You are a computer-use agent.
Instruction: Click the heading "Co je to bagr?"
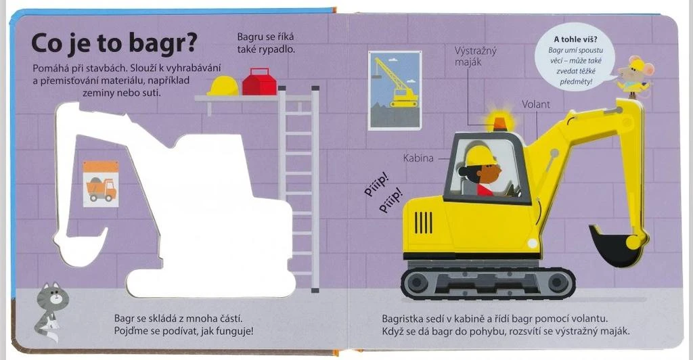[114, 45]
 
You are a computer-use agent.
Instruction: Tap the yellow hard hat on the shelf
[223, 85]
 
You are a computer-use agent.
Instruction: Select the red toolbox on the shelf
[259, 82]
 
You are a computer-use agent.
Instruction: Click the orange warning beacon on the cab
[500, 122]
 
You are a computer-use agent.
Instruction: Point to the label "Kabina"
[418, 158]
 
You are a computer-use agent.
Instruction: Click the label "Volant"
[536, 105]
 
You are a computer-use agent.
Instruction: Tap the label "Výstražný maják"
[476, 56]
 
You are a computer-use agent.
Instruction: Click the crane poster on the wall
[395, 90]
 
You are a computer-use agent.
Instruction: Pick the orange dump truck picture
[101, 184]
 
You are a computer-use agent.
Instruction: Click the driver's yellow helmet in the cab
[477, 156]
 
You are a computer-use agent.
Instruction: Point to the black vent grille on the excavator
[423, 223]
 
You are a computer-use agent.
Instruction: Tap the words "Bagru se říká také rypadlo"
[265, 43]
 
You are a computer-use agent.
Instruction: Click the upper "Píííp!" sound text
[376, 185]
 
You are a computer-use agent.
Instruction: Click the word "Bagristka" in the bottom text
[403, 319]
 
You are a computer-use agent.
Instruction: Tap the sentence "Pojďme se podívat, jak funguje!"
[184, 331]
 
